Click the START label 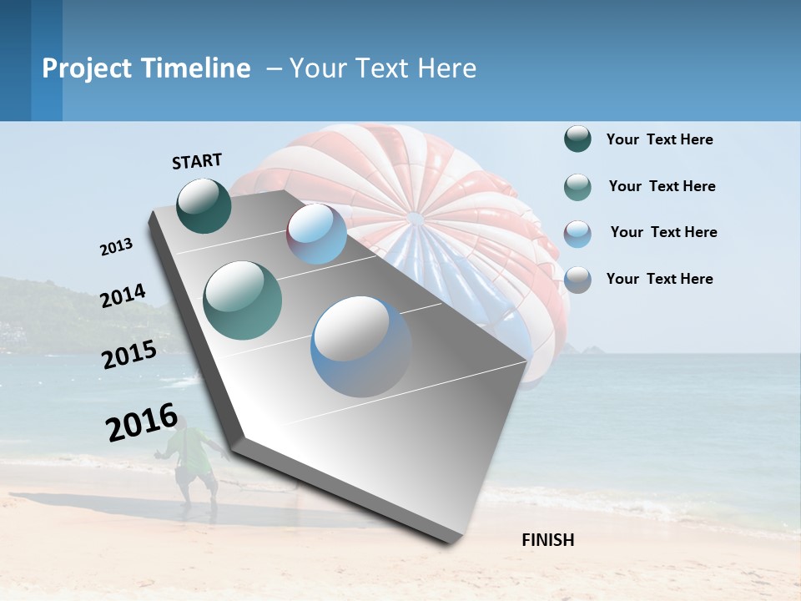tap(197, 161)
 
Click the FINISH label tap(548, 540)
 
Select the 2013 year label tap(116, 247)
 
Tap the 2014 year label tap(123, 295)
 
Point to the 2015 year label tap(129, 355)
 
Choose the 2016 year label tap(142, 422)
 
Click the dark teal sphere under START tap(204, 205)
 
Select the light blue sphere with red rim tap(317, 234)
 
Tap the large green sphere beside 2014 tap(242, 300)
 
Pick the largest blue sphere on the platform tap(360, 346)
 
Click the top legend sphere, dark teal tap(577, 139)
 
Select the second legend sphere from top tap(577, 187)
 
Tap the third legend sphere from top tap(577, 233)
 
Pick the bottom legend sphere tap(577, 279)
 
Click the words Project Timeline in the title tap(146, 68)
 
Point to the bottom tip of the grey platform tap(451, 541)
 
